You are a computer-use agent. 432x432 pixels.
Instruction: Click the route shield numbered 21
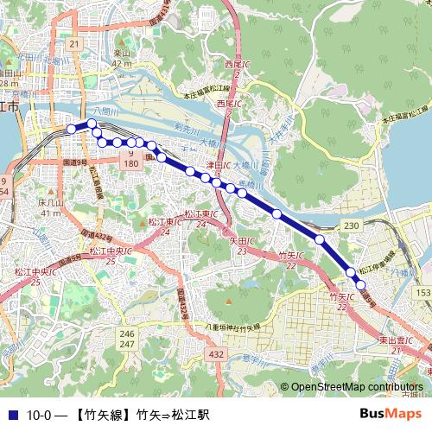tap(74, 43)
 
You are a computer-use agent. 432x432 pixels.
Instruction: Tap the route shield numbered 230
tap(351, 225)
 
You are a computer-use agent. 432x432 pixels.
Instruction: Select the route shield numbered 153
tap(422, 294)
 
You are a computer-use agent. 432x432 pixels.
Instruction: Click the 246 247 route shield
tap(128, 339)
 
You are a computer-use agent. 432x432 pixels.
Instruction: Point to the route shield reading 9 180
tap(130, 158)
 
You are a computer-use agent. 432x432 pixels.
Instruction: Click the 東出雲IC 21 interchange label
tap(398, 346)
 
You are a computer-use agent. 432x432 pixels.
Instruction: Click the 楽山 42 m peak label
tap(121, 58)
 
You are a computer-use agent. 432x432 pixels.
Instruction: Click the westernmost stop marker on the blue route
tap(72, 130)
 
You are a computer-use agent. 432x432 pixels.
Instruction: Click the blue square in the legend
tap(11, 415)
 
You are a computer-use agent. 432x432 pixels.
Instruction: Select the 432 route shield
tap(216, 354)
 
